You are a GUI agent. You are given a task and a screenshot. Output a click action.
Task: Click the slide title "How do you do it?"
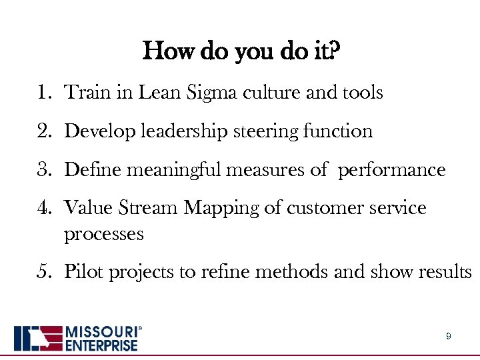[x=241, y=51]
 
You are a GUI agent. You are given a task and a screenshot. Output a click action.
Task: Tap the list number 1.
[x=43, y=93]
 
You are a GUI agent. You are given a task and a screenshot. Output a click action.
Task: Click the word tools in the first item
[x=363, y=93]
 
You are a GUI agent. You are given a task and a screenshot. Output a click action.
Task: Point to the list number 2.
[x=43, y=131]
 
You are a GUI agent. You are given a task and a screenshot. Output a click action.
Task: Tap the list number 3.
[x=43, y=170]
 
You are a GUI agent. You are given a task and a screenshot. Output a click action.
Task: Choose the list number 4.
[x=43, y=209]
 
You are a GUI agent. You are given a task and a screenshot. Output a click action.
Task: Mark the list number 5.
[x=43, y=273]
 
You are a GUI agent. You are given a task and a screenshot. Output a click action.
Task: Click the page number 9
[x=448, y=337]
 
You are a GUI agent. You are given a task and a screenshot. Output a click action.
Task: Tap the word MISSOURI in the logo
[x=101, y=332]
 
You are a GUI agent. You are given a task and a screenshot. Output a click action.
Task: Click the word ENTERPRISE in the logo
[x=101, y=345]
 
